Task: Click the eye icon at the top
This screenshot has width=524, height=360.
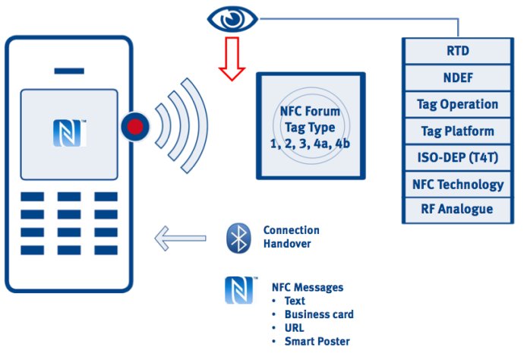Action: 232,18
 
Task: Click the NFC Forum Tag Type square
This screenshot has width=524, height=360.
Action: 310,126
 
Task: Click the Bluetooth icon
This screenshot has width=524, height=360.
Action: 238,238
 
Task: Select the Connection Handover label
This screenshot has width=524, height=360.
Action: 291,237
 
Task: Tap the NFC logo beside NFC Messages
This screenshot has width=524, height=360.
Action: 238,290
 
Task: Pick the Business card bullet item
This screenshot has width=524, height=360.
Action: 319,314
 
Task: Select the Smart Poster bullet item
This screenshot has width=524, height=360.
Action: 317,342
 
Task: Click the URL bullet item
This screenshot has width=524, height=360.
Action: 295,328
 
